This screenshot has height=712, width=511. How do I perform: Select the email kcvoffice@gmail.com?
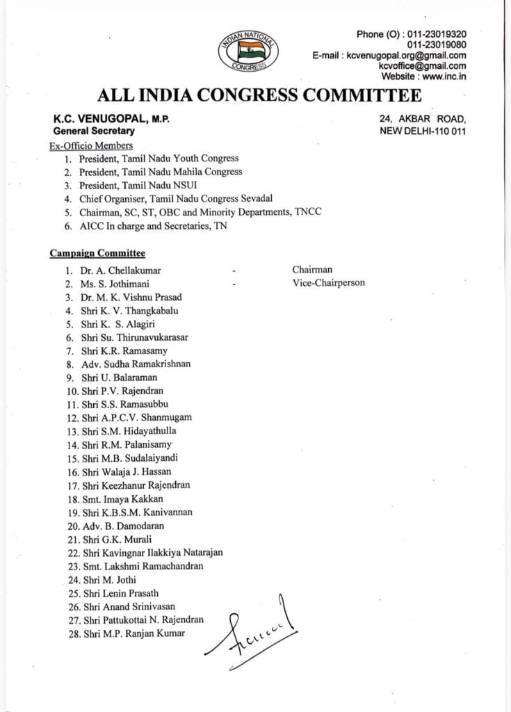[x=422, y=66]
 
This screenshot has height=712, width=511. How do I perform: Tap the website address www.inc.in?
[x=442, y=76]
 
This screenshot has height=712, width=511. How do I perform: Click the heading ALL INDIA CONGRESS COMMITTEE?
[x=259, y=95]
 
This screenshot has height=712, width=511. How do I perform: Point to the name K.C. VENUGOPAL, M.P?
[x=111, y=120]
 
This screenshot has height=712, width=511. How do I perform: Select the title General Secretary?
[x=94, y=131]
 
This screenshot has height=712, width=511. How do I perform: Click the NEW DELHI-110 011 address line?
[x=423, y=131]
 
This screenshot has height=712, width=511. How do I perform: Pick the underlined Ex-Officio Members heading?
[x=90, y=145]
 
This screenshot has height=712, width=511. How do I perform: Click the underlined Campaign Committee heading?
[x=97, y=254]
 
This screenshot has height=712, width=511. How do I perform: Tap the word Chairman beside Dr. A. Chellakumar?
[x=312, y=270]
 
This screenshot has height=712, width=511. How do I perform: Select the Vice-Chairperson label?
[x=328, y=283]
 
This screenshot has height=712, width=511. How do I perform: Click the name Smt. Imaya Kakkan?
[x=125, y=499]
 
